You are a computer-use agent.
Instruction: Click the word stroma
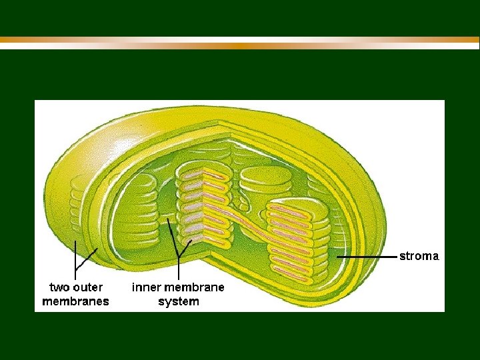coord(419,256)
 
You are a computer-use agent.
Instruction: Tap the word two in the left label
coord(59,288)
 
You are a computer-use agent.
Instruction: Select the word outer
coord(89,288)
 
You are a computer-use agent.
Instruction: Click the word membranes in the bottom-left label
coord(75,301)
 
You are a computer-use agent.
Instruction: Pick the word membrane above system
coord(194,288)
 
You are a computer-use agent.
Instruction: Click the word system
coord(178,301)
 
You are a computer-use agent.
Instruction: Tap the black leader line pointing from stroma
coord(367,256)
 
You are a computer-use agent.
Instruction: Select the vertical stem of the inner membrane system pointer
coord(178,267)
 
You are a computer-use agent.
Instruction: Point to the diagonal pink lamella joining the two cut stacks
coord(250,223)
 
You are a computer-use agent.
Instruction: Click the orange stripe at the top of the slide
coord(240,45)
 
